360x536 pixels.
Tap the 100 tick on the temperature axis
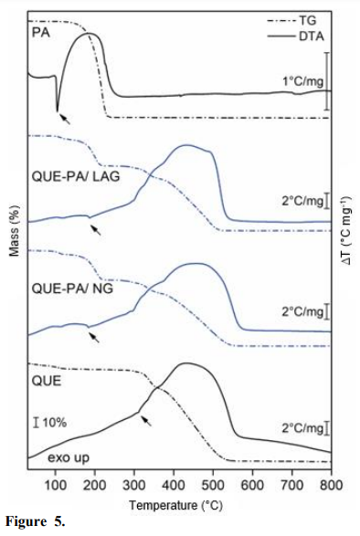(x=56, y=483)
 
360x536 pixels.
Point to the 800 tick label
(x=330, y=483)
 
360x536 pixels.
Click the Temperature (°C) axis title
(x=179, y=504)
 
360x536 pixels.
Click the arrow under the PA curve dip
(x=63, y=118)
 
